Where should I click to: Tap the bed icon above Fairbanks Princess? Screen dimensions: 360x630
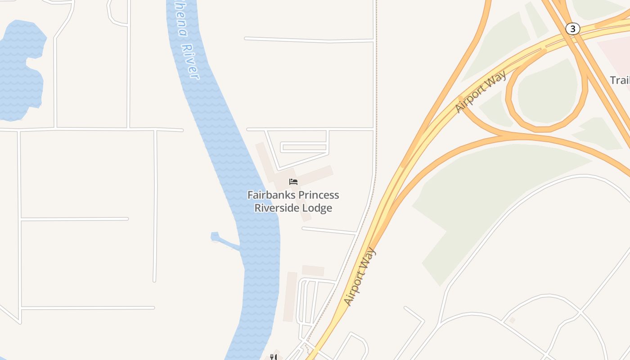(x=293, y=182)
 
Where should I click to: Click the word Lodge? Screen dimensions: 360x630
(x=318, y=208)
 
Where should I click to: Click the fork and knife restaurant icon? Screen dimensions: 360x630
(x=273, y=357)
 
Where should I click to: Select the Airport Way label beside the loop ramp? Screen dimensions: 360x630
(x=481, y=92)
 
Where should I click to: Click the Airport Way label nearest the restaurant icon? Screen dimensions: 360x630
(x=359, y=277)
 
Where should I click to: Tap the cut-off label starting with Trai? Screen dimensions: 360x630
(x=620, y=80)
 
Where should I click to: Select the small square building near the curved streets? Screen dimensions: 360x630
(x=512, y=320)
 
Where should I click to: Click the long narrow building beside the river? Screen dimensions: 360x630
(x=290, y=297)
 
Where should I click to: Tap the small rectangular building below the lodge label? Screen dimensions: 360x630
(x=313, y=270)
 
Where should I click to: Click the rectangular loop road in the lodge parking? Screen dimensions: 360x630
(x=304, y=147)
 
